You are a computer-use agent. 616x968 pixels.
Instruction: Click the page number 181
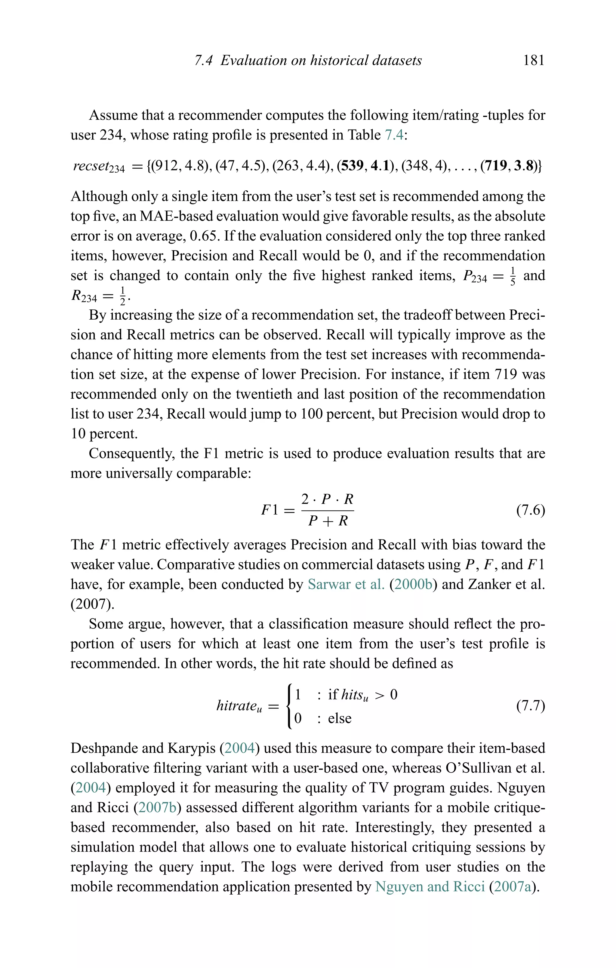click(534, 60)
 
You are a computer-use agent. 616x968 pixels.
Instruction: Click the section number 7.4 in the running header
click(203, 60)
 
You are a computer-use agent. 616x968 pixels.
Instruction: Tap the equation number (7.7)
click(530, 705)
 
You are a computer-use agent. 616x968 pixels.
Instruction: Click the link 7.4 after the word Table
click(394, 135)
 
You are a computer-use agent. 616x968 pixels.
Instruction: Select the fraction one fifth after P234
click(512, 276)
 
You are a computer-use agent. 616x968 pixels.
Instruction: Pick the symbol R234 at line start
click(84, 296)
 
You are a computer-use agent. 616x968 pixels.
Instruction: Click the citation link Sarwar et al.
click(346, 584)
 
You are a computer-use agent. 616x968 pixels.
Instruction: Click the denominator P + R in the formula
click(328, 521)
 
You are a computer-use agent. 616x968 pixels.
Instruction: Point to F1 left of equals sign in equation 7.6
click(269, 510)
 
